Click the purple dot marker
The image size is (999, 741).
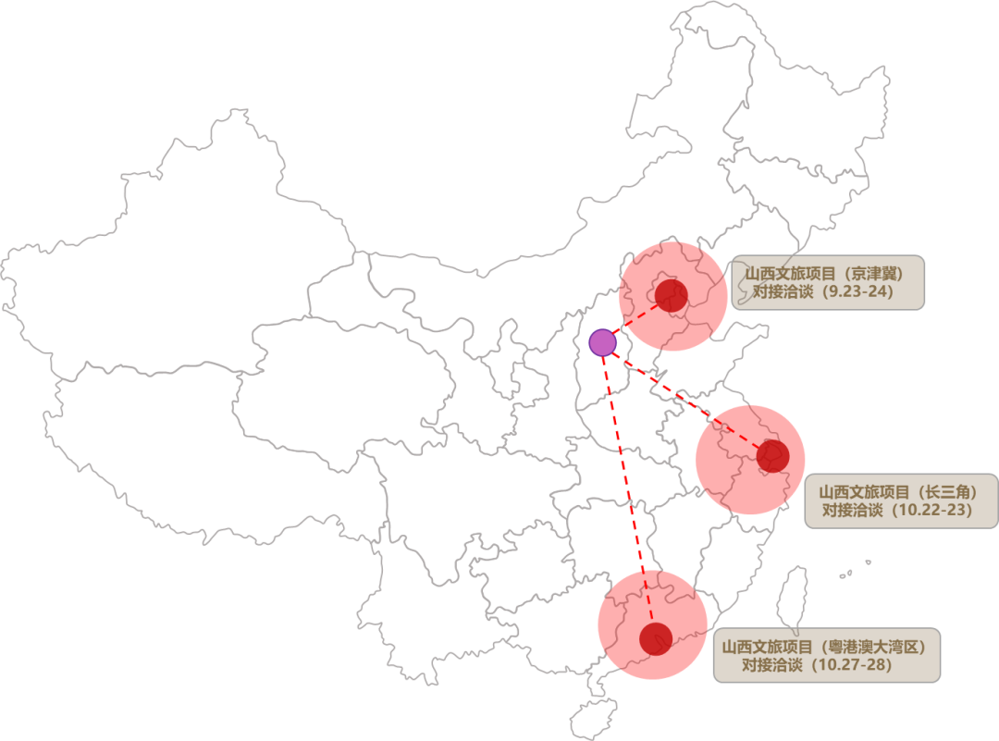tap(602, 342)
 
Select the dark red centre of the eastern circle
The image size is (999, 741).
tap(771, 455)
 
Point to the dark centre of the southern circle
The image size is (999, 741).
tap(655, 638)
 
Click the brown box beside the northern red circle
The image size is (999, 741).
tap(828, 282)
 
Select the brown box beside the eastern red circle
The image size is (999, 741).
tap(900, 500)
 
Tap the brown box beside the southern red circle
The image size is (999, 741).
tap(826, 655)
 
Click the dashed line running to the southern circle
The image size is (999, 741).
tap(623, 463)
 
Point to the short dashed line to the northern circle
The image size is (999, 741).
tap(615, 329)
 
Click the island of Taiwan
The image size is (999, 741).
tap(794, 597)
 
